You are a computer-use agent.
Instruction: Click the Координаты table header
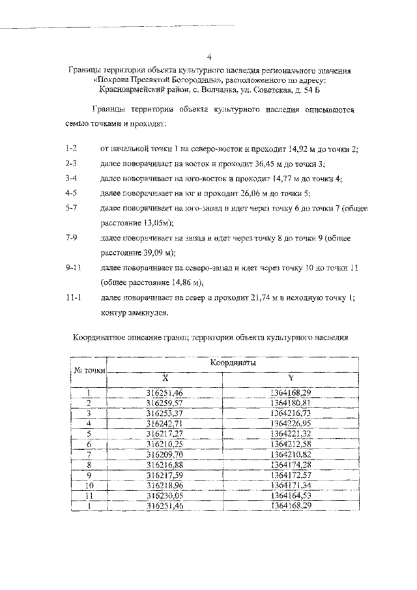coord(233,362)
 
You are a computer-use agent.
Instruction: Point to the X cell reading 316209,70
coord(164,454)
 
